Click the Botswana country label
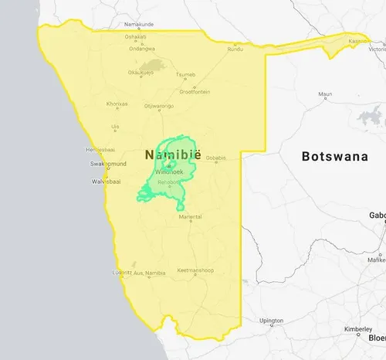(334, 156)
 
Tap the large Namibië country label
(172, 155)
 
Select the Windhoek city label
(168, 170)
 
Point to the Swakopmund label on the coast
(107, 165)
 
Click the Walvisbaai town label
(107, 182)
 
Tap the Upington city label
(272, 320)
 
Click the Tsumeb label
(186, 75)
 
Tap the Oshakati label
(136, 36)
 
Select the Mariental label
(190, 217)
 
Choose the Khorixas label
(117, 104)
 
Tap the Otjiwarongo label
(158, 106)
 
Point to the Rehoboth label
(168, 182)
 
